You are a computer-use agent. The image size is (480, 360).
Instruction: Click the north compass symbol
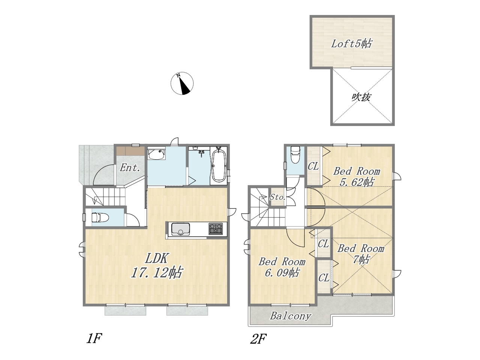(x=182, y=83)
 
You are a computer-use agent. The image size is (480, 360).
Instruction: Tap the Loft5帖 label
(x=351, y=44)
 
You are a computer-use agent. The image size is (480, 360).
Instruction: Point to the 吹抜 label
(x=361, y=97)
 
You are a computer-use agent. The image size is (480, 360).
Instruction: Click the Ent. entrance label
(x=130, y=168)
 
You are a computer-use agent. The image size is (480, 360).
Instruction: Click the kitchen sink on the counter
(x=180, y=229)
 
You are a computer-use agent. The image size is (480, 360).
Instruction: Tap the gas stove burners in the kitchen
(x=216, y=229)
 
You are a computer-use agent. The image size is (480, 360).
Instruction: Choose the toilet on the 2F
(x=295, y=155)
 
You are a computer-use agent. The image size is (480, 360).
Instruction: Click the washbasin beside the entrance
(x=156, y=154)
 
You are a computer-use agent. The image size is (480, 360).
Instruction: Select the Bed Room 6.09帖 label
(x=282, y=267)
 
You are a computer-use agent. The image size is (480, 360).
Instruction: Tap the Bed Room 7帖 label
(x=361, y=254)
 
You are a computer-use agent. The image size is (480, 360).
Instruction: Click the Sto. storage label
(x=277, y=197)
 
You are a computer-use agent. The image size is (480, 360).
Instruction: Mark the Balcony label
(x=290, y=316)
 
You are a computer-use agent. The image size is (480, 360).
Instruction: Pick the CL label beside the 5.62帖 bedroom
(x=313, y=167)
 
